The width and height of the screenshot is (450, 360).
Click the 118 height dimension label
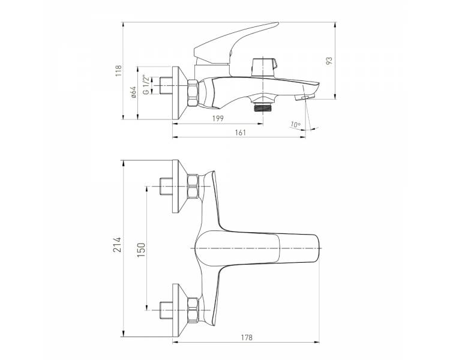click(119, 71)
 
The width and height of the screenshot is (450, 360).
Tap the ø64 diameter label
click(133, 92)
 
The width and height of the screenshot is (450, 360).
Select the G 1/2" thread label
click(146, 85)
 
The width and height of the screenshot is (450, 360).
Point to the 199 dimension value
click(218, 118)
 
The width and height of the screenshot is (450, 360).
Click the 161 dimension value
click(241, 133)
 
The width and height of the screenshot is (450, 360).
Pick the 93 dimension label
click(329, 60)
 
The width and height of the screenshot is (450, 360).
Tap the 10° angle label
click(295, 125)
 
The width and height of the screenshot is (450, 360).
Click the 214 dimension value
click(117, 245)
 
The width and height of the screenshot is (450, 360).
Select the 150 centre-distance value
click(141, 250)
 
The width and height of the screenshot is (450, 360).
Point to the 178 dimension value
click(247, 337)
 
